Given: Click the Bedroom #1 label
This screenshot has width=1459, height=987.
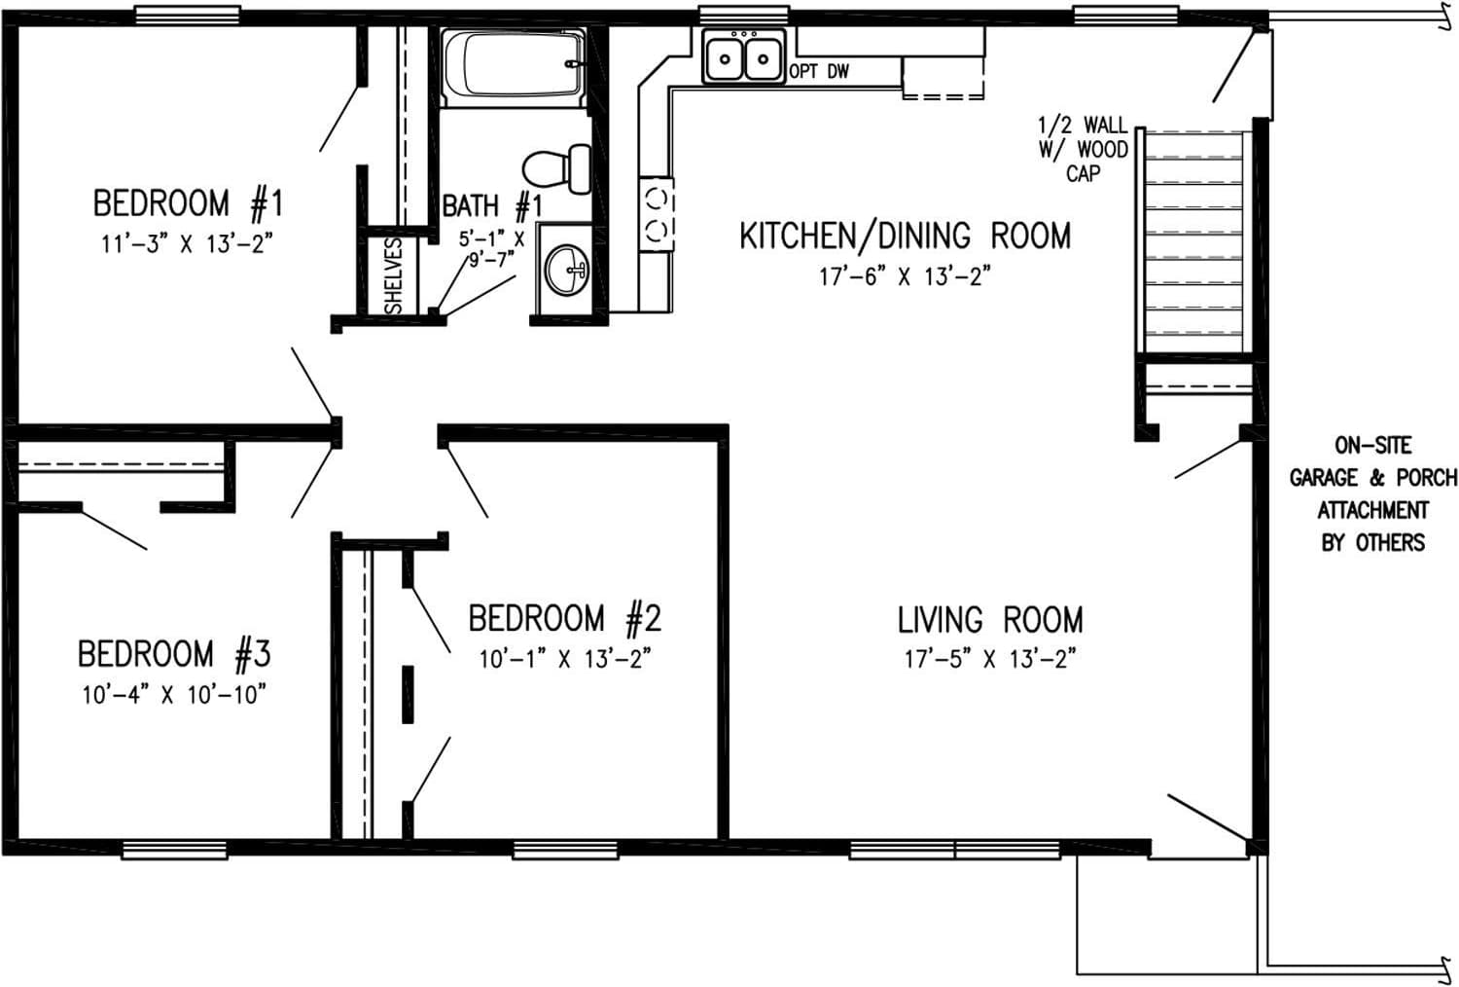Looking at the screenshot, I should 187,204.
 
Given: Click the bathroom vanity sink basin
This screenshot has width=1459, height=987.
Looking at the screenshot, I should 566,270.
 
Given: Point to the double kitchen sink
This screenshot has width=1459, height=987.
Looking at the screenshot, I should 744,58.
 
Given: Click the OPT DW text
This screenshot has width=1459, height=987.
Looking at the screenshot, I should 819,72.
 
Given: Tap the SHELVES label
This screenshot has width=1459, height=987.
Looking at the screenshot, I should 394,274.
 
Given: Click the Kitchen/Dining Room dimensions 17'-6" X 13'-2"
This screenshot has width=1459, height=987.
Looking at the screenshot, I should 904,277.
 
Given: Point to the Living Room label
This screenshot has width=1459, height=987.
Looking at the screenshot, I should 989,620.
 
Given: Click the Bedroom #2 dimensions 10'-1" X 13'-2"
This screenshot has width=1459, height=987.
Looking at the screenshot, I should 564,660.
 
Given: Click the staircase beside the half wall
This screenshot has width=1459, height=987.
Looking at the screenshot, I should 1194,243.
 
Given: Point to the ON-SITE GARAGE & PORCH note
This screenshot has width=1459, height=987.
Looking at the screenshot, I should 1372,493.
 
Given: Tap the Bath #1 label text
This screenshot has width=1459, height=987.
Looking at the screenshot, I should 491,206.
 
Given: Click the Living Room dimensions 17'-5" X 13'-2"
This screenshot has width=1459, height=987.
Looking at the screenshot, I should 989,660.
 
